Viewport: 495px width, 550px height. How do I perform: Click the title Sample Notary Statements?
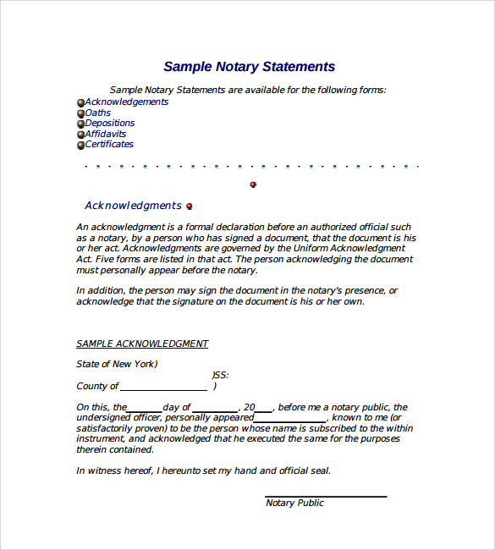tap(249, 67)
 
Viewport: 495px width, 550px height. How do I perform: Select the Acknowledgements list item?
tap(126, 102)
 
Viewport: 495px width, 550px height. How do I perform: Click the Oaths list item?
tap(98, 113)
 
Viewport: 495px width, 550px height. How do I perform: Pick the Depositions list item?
tap(109, 123)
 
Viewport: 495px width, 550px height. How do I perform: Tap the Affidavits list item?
tap(106, 134)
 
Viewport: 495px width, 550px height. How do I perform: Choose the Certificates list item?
tap(109, 144)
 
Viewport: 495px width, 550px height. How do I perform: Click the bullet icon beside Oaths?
tap(80, 113)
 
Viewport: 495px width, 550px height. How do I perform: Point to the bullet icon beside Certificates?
tap(80, 145)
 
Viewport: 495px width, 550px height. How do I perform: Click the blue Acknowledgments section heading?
tap(133, 206)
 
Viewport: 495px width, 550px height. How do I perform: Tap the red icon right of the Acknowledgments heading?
tap(189, 206)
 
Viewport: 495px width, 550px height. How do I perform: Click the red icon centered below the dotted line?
tap(253, 184)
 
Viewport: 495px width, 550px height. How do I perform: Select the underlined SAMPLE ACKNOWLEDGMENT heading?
tap(142, 344)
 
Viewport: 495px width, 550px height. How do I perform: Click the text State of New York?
tap(117, 364)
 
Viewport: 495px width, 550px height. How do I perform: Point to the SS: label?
tap(220, 375)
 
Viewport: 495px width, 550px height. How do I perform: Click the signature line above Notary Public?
tap(326, 496)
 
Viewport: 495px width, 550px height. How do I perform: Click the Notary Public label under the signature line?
tap(294, 503)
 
